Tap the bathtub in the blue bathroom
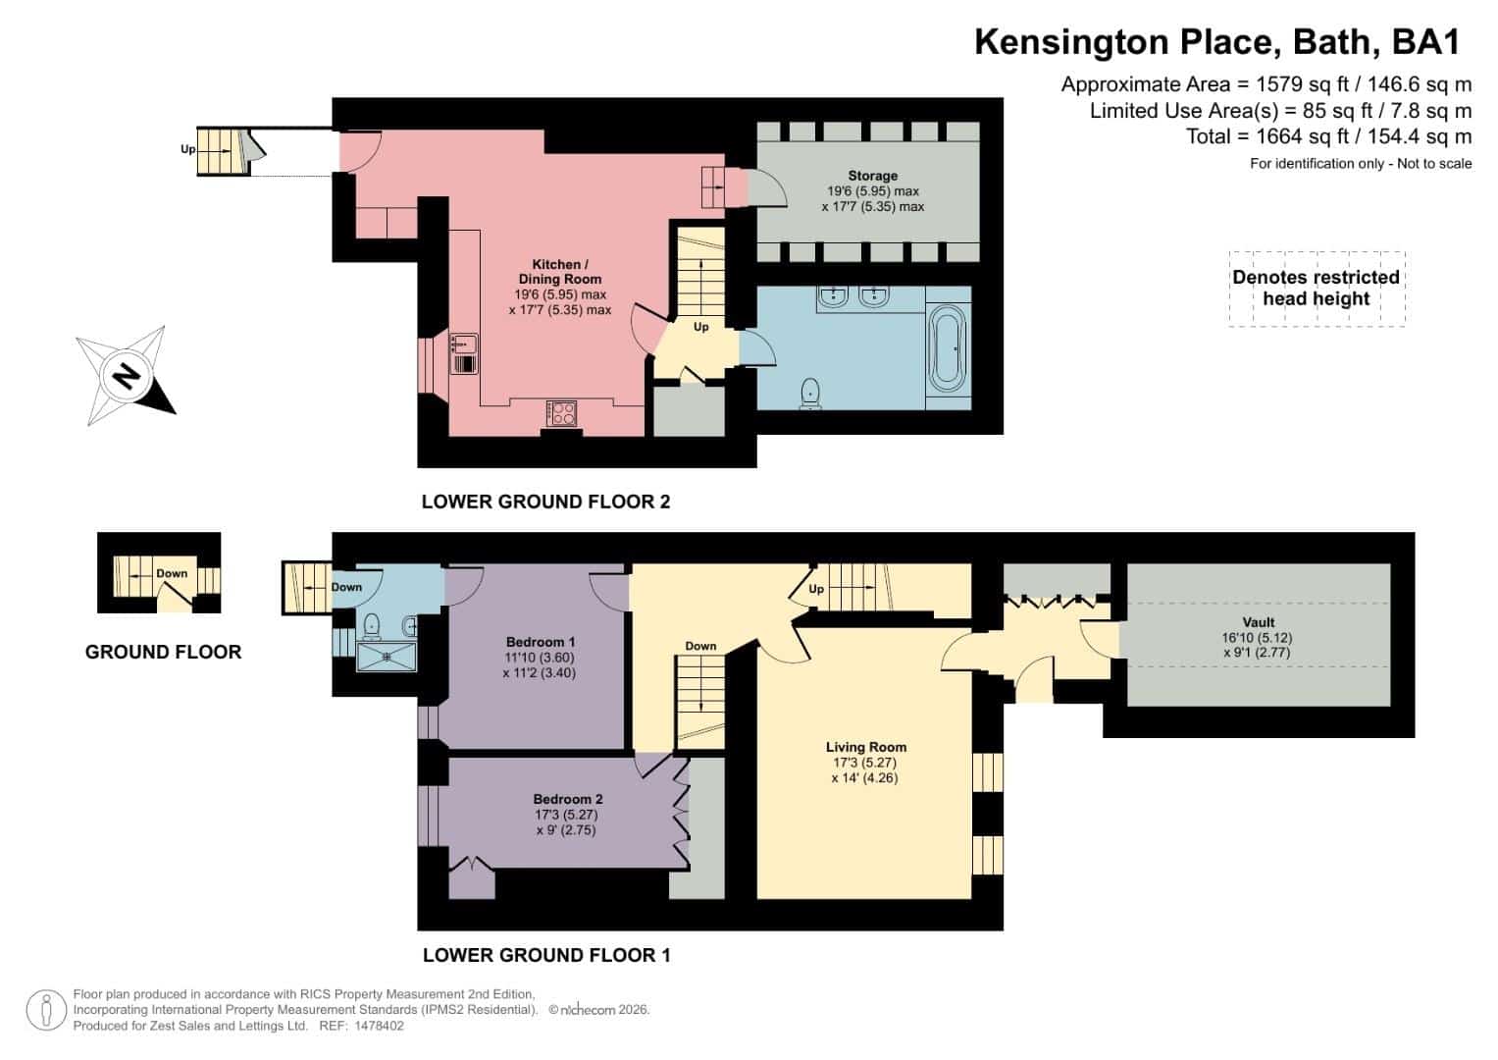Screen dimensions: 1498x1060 (948, 348)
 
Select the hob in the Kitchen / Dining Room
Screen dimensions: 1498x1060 (561, 413)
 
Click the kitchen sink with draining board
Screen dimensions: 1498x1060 (463, 352)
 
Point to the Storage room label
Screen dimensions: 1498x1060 (873, 176)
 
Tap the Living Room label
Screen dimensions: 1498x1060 (865, 747)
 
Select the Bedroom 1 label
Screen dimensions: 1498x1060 (540, 642)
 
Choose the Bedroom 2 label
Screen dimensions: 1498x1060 (567, 799)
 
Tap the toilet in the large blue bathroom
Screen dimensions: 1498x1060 (810, 394)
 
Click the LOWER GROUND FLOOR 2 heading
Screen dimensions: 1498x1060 (545, 502)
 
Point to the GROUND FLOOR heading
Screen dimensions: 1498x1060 (163, 652)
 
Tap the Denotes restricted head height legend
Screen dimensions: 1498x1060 (1317, 289)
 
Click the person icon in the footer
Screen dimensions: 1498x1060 (46, 1010)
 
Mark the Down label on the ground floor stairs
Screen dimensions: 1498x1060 (172, 573)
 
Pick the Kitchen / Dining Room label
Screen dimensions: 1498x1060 (560, 272)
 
